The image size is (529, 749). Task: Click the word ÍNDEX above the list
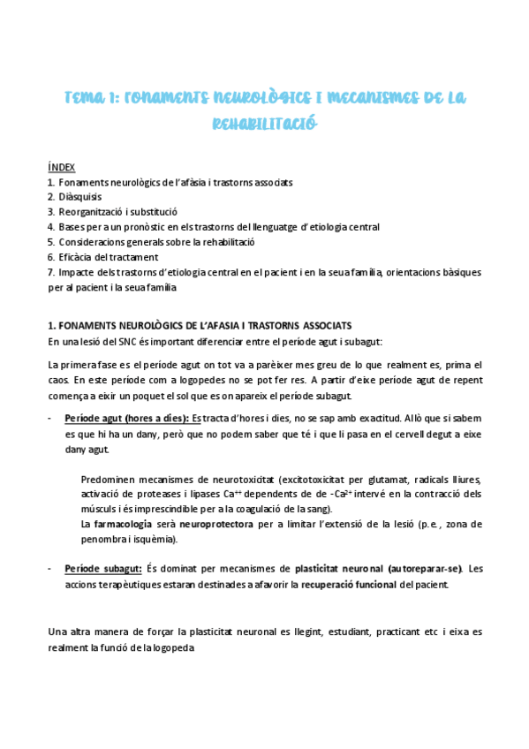tap(61, 167)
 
